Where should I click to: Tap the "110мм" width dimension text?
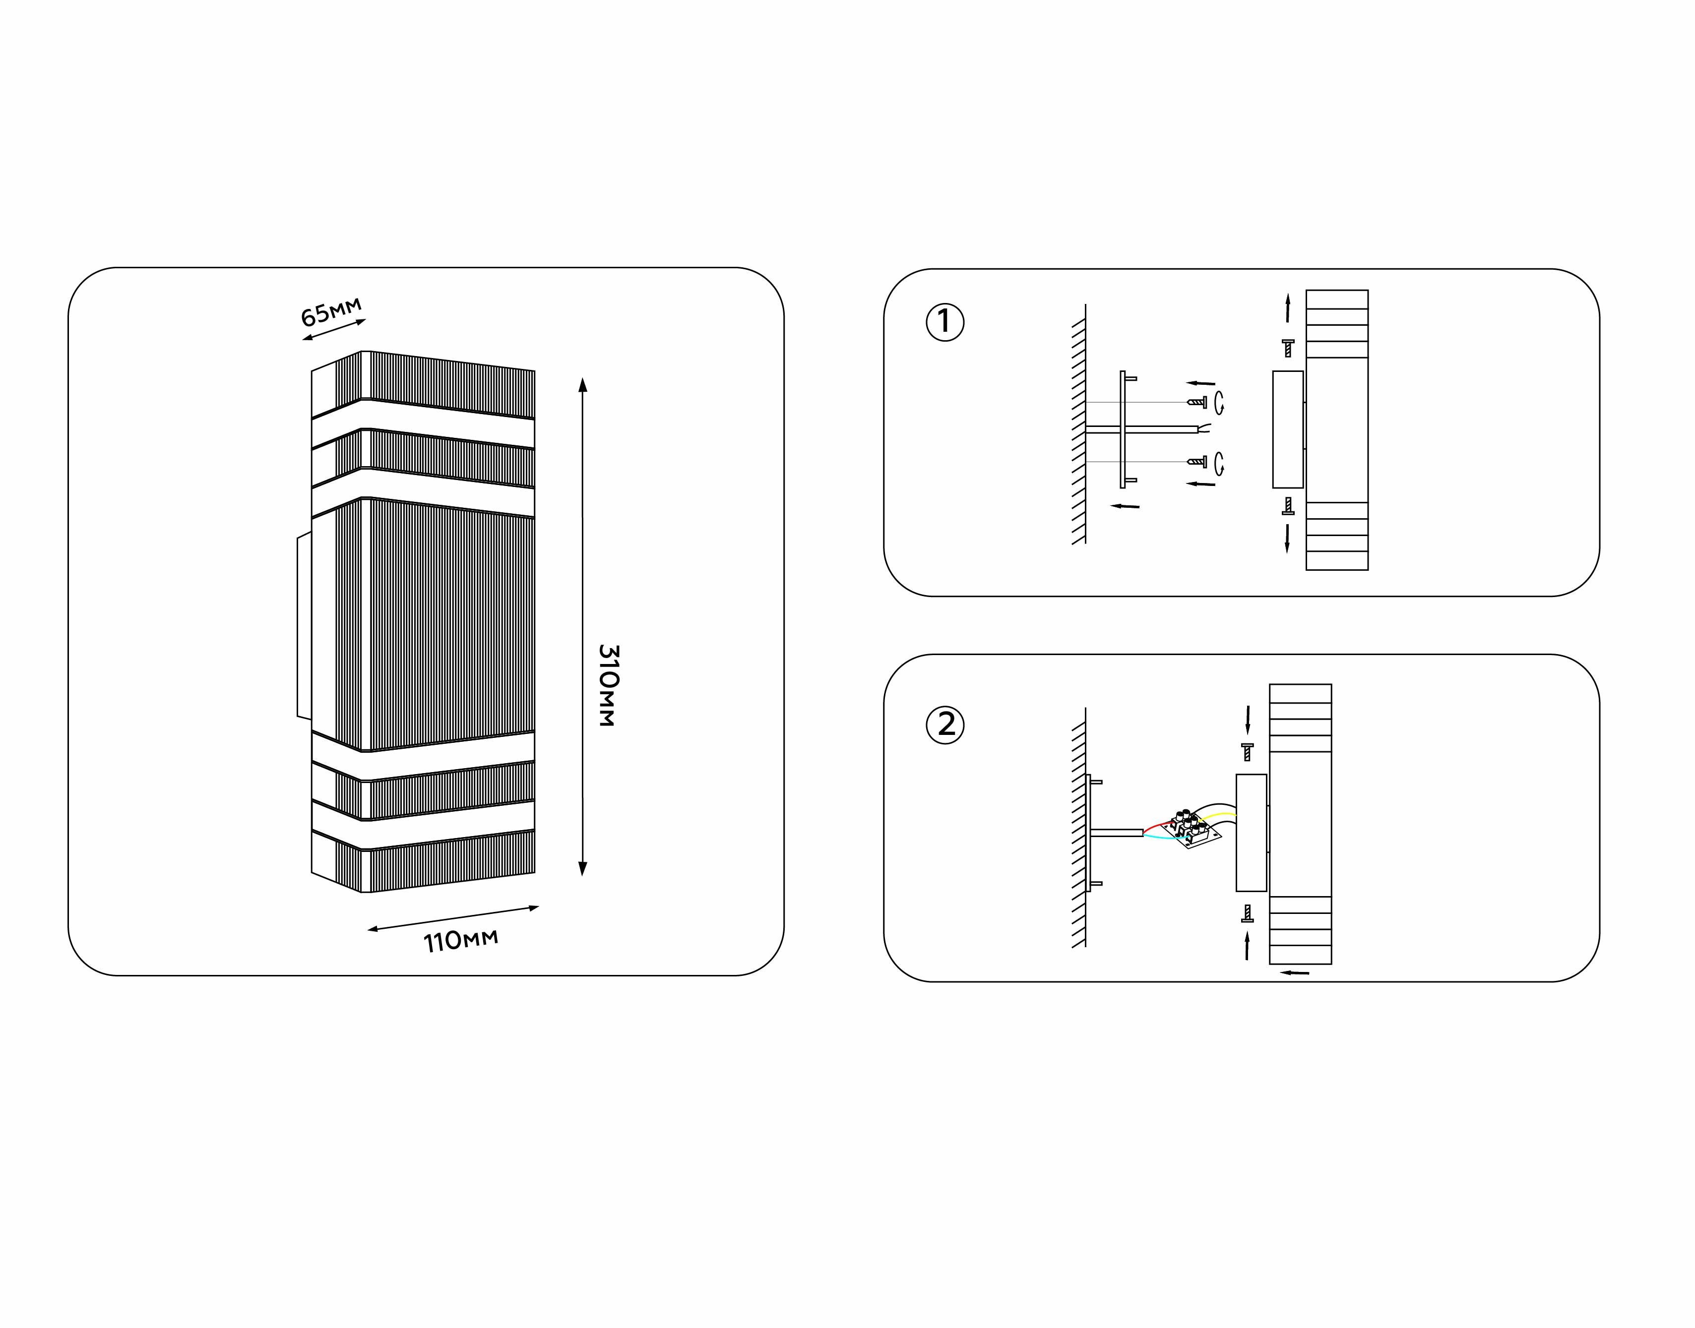(x=460, y=941)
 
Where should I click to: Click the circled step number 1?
(x=944, y=322)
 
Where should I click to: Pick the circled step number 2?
(x=944, y=724)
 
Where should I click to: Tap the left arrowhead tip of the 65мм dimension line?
(x=303, y=340)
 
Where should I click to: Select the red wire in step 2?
(x=1159, y=825)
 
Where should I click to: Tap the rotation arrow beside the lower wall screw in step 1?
(x=1219, y=463)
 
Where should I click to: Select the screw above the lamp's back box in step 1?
(x=1288, y=348)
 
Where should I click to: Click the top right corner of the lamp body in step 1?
(x=1368, y=291)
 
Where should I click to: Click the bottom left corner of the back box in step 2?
(x=1236, y=891)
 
